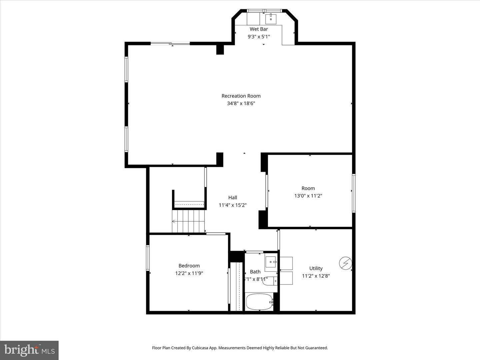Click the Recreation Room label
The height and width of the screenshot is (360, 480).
coord(241,96)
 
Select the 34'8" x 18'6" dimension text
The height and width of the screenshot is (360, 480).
coord(241,103)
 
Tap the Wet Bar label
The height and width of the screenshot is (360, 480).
coord(259,29)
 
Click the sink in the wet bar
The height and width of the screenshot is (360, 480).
coord(271,18)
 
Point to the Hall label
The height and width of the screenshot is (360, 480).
coord(233,198)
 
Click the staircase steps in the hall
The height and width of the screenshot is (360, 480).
coord(188,221)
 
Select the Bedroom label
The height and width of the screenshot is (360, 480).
coord(189,266)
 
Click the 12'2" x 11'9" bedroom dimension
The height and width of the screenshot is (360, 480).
coord(189,273)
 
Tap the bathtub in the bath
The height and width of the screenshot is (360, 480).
coord(259,302)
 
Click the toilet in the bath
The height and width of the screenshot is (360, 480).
coord(269,281)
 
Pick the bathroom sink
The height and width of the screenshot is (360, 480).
coord(271,262)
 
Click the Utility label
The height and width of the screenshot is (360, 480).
coord(316,268)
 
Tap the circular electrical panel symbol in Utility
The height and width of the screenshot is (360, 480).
coord(345,263)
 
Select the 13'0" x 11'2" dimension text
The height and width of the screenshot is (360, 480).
coord(308,196)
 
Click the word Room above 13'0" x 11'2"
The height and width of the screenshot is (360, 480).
coord(308,188)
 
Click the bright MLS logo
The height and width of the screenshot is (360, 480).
coord(29,350)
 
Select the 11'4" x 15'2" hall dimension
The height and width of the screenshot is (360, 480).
coord(233,205)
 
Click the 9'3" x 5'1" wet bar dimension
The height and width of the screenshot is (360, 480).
coord(259,37)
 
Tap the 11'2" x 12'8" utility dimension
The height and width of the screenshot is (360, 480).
coord(316,276)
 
